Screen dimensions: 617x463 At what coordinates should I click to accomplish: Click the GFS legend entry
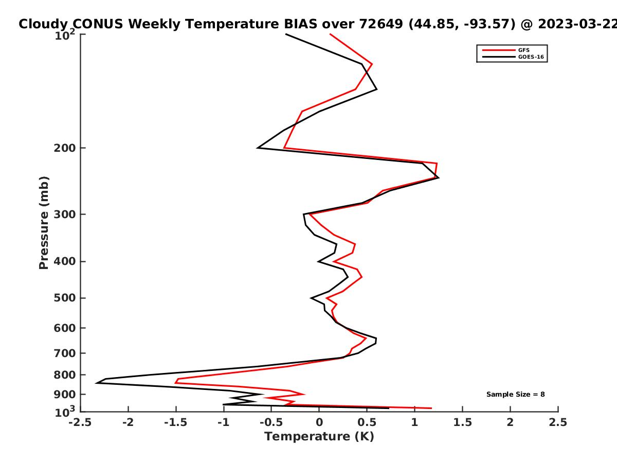(506, 50)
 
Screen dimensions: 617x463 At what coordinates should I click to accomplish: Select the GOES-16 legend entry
(513, 57)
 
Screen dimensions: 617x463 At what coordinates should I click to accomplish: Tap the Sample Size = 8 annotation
(516, 395)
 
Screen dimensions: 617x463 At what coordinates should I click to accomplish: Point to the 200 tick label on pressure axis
(65, 148)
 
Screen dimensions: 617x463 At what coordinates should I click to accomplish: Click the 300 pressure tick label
(65, 215)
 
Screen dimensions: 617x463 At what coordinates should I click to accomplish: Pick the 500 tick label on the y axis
(65, 298)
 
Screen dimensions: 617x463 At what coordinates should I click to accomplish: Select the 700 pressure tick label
(65, 353)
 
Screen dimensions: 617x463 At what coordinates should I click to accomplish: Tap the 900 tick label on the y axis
(65, 395)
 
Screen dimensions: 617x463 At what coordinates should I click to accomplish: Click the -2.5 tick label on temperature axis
(80, 422)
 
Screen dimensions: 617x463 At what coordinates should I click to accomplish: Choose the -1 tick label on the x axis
(224, 422)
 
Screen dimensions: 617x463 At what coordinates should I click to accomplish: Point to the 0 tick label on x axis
(319, 422)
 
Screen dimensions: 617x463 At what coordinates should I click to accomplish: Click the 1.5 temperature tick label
(462, 422)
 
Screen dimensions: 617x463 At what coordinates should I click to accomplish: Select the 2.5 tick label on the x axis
(558, 422)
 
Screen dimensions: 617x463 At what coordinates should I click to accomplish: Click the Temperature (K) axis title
(319, 437)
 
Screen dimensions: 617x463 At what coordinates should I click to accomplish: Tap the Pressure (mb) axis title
(44, 223)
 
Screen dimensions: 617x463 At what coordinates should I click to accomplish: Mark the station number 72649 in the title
(381, 24)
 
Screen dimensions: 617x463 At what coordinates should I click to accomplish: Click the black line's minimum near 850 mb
(96, 383)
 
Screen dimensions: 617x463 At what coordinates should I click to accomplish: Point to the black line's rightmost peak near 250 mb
(439, 177)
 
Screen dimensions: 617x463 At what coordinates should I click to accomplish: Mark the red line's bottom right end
(431, 408)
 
